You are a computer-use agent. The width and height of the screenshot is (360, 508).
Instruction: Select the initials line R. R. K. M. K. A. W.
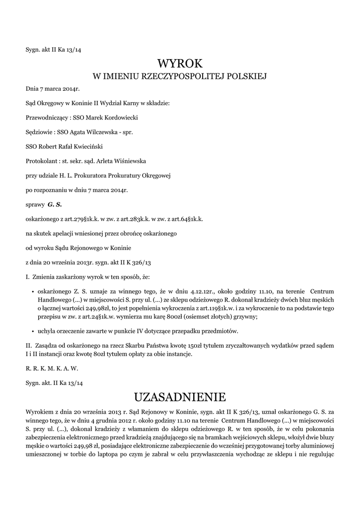tap(52, 369)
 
